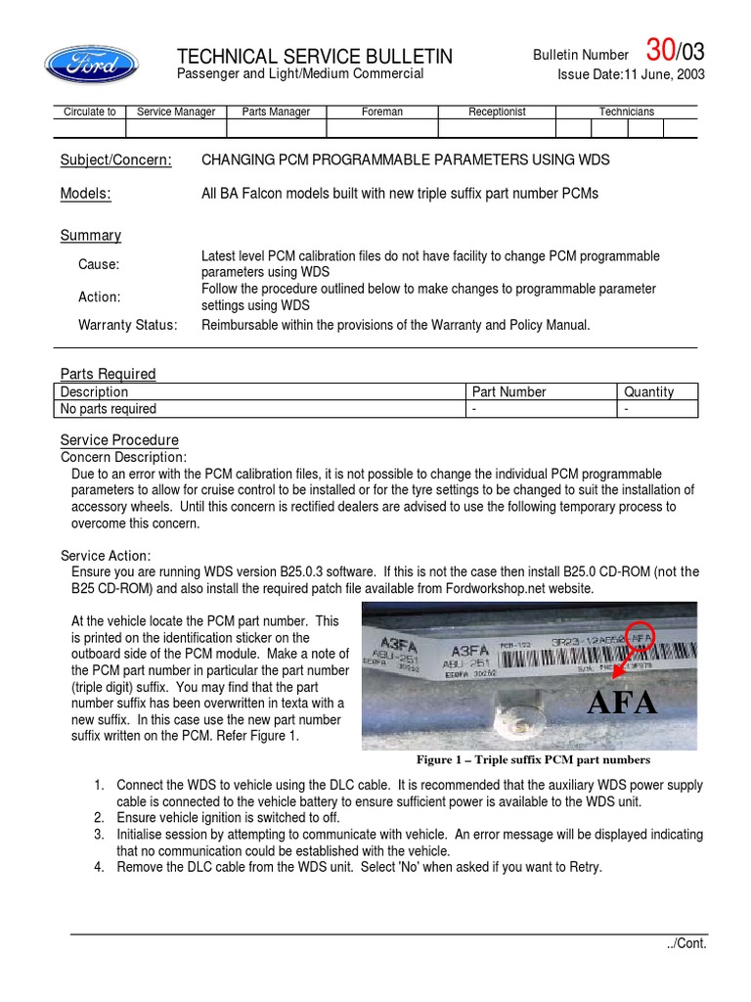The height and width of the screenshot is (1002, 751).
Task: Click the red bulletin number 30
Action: (661, 51)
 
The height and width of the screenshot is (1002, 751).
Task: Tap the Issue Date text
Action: (631, 74)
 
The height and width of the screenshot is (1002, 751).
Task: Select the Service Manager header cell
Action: (176, 112)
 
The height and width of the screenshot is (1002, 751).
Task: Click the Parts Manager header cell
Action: (276, 112)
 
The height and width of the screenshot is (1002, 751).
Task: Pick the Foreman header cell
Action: (381, 112)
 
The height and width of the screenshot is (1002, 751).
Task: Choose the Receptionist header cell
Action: (497, 112)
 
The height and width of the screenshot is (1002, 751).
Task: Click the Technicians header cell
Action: (626, 112)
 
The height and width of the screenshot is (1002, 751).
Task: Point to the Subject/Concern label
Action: (116, 160)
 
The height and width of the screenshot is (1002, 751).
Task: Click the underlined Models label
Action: (86, 194)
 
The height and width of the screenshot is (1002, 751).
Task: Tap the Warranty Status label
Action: (128, 325)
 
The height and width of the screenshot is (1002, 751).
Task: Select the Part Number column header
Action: (508, 391)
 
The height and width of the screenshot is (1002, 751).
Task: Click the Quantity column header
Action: (648, 391)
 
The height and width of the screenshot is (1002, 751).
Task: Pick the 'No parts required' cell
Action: (109, 409)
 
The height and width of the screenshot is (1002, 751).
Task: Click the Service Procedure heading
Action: (119, 440)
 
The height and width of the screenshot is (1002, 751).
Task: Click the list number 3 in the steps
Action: (99, 834)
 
